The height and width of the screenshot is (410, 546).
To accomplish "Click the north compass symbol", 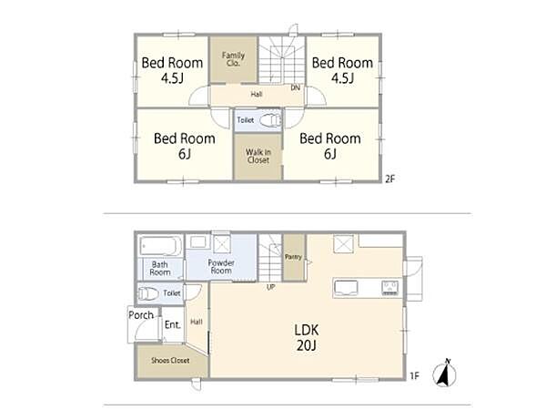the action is [445, 373].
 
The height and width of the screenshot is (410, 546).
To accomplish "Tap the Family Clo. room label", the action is [233, 59].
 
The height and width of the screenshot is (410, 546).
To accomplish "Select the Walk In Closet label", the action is [258, 156].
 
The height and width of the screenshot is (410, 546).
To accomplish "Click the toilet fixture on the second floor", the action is [270, 120].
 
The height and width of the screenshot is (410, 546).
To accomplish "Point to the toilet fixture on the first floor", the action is [148, 293].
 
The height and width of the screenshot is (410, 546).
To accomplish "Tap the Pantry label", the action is [293, 257].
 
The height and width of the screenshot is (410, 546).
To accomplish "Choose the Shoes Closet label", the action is [170, 361].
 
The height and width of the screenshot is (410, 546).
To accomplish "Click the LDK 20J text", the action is [307, 337].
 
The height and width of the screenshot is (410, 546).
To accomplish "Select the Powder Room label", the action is [221, 267].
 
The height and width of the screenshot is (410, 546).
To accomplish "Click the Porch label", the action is [141, 315].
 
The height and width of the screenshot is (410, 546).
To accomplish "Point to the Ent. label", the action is [173, 325].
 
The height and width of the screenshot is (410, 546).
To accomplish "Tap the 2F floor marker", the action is [390, 179].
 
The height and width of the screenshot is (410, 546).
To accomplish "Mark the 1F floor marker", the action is [414, 375].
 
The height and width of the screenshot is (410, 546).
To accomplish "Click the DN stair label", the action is [295, 87].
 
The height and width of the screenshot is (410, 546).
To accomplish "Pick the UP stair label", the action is [270, 287].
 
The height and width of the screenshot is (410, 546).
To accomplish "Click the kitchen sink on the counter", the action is [346, 288].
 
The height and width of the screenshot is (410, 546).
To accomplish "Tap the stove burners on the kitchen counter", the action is [390, 288].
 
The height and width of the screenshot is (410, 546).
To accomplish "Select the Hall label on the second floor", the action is [257, 94].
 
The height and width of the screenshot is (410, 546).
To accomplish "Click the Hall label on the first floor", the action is [197, 322].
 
